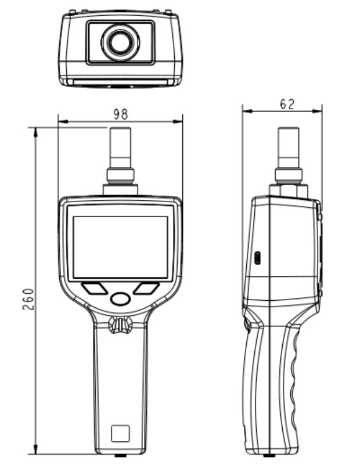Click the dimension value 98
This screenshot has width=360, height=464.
120,113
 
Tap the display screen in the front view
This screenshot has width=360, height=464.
120,247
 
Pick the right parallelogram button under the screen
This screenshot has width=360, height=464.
146,288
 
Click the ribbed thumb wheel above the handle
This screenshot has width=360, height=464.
120,325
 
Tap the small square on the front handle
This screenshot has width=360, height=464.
120,433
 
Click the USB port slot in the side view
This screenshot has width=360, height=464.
258,258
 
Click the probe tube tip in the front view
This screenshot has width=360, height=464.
120,131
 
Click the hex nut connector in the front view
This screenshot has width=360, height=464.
120,175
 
